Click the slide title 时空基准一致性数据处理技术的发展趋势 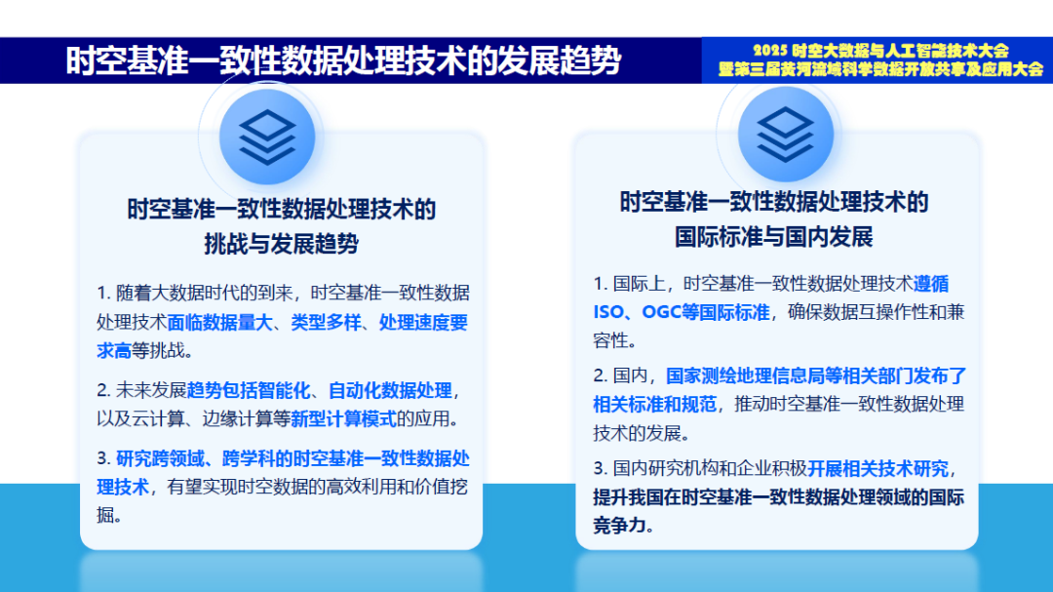click(343, 60)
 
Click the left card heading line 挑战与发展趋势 click(281, 244)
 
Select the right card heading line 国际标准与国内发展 click(774, 236)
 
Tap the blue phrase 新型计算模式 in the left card click(341, 419)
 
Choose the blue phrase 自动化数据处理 click(390, 391)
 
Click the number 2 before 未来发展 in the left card click(101, 391)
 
